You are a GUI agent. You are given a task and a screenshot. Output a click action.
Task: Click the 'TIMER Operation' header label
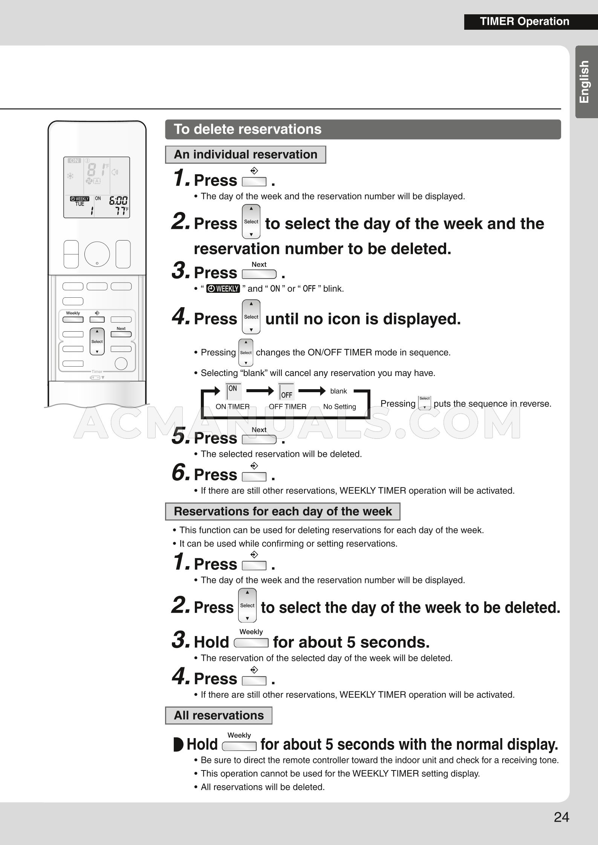tap(525, 21)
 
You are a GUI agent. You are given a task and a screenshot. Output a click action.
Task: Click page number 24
tap(561, 817)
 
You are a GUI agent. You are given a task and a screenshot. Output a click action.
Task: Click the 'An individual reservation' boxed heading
tap(245, 155)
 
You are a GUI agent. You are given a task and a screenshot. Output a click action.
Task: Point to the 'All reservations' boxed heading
tap(219, 715)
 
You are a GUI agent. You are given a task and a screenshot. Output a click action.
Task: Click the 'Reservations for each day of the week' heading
tap(283, 511)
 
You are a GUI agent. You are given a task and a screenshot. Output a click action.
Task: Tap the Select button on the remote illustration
tap(97, 341)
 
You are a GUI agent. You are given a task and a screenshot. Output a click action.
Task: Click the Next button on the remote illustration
tap(121, 334)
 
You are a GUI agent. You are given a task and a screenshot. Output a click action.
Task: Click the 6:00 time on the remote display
tap(118, 200)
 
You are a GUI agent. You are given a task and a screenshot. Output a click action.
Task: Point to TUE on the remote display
tap(80, 204)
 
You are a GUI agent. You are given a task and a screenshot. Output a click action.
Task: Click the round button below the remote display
tap(97, 254)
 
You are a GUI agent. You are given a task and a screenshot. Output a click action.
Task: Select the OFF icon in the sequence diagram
tap(286, 392)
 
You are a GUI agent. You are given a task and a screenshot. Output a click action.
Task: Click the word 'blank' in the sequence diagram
tap(338, 391)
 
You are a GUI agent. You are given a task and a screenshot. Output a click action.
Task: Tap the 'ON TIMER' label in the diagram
tap(232, 407)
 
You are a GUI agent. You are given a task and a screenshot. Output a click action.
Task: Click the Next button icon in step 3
tap(259, 274)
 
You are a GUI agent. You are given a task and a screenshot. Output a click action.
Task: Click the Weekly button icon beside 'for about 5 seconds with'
tap(239, 746)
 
